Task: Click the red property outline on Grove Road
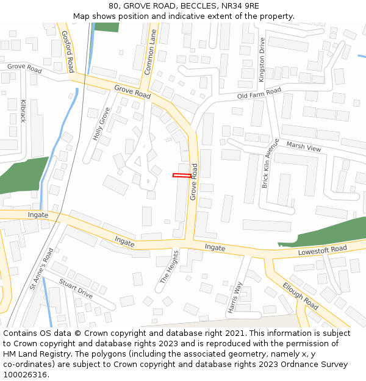pos(181,176)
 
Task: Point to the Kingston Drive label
pos(262,60)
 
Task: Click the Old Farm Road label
pos(259,93)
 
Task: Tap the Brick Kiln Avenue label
pos(269,163)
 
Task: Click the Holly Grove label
pos(101,124)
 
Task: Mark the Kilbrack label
pos(23,111)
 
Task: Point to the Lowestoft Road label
pos(322,250)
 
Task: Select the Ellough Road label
pos(300,295)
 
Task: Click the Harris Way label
pos(235,297)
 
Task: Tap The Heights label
pos(170,268)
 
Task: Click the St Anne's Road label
pos(41,268)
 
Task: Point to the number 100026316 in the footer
pos(25,375)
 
